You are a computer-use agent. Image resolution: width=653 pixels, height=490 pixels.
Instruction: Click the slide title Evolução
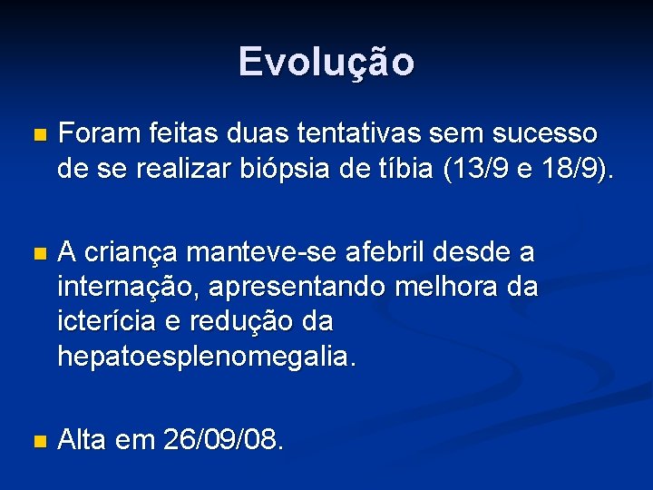[x=326, y=62]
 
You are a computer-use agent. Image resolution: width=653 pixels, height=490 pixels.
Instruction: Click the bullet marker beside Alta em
[x=37, y=442]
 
